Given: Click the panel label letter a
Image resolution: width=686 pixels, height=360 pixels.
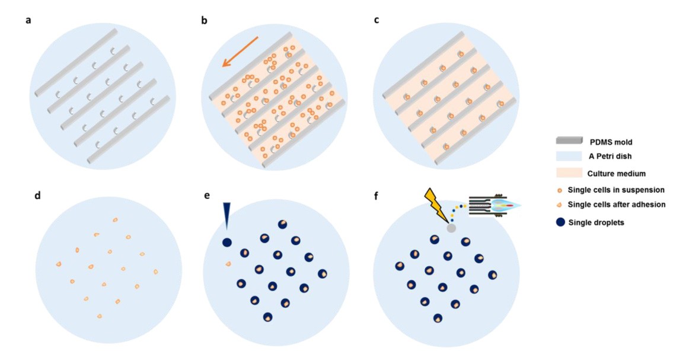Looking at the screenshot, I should [x=28, y=21].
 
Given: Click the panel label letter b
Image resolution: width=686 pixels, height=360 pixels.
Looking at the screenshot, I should [x=205, y=21].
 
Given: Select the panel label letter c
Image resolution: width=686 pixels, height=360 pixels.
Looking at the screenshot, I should [x=376, y=21].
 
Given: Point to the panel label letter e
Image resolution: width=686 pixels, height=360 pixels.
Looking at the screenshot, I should [x=206, y=195].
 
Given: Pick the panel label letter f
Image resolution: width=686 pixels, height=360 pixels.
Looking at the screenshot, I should [x=376, y=194].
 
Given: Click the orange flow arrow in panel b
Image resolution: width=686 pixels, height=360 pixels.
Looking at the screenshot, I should [x=240, y=52].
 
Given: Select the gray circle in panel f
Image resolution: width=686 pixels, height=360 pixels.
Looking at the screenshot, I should [x=451, y=228].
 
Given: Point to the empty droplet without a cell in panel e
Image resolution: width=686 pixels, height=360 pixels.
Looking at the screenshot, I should [x=227, y=242].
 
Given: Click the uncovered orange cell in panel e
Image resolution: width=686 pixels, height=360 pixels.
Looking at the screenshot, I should [x=228, y=264].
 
